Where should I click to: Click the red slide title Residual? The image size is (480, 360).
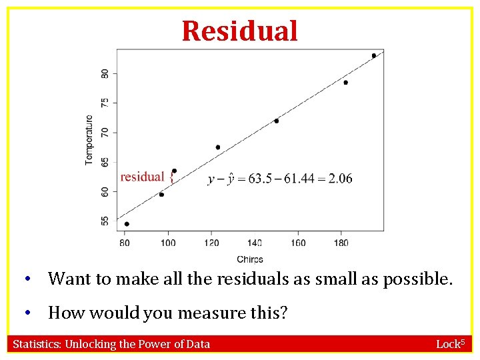pyautogui.click(x=239, y=31)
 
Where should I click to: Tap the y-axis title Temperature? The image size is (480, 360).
pyautogui.click(x=89, y=140)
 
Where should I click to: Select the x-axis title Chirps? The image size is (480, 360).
pyautogui.click(x=249, y=259)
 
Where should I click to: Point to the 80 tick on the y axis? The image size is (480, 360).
pyautogui.click(x=105, y=73)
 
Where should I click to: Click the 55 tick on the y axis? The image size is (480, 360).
pyautogui.click(x=105, y=221)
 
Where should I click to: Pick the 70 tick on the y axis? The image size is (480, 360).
pyautogui.click(x=105, y=132)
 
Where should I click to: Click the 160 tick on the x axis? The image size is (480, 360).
pyautogui.click(x=298, y=243)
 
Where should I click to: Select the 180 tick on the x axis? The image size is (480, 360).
pyautogui.click(x=341, y=243)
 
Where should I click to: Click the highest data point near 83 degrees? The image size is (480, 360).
pyautogui.click(x=374, y=56)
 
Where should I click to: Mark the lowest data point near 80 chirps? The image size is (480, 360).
pyautogui.click(x=127, y=224)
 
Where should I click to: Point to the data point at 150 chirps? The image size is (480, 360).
pyautogui.click(x=276, y=121)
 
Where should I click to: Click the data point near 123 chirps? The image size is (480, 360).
pyautogui.click(x=218, y=147)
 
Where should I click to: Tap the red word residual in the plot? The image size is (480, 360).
pyautogui.click(x=142, y=177)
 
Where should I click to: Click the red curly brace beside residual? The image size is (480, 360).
pyautogui.click(x=171, y=177)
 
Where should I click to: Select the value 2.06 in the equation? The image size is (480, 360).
pyautogui.click(x=341, y=179)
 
